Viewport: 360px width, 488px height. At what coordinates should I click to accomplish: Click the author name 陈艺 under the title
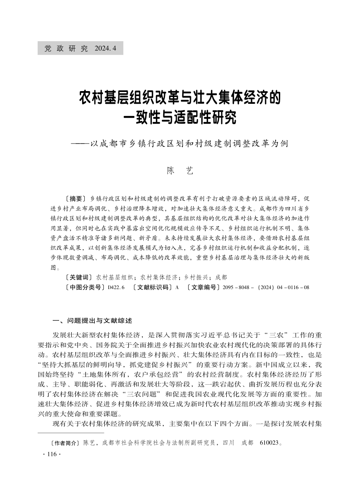(x=180, y=170)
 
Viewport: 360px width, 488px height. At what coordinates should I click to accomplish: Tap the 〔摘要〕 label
(x=76, y=198)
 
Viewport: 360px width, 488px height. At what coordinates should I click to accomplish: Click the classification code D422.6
(x=116, y=287)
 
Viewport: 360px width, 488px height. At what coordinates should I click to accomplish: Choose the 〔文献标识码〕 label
(x=151, y=287)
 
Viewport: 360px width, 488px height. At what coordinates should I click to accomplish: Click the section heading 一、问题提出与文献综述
(x=93, y=320)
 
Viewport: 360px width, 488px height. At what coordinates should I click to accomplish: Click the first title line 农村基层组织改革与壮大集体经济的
(x=180, y=97)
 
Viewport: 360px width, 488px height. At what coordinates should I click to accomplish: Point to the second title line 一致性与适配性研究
(x=180, y=119)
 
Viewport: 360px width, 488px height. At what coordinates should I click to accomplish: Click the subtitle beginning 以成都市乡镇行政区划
(x=189, y=144)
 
